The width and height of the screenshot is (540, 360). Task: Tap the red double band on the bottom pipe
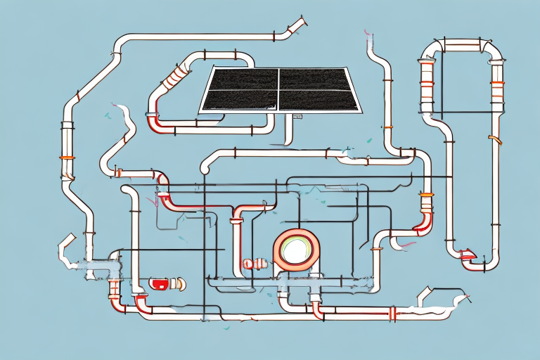[392, 314]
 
